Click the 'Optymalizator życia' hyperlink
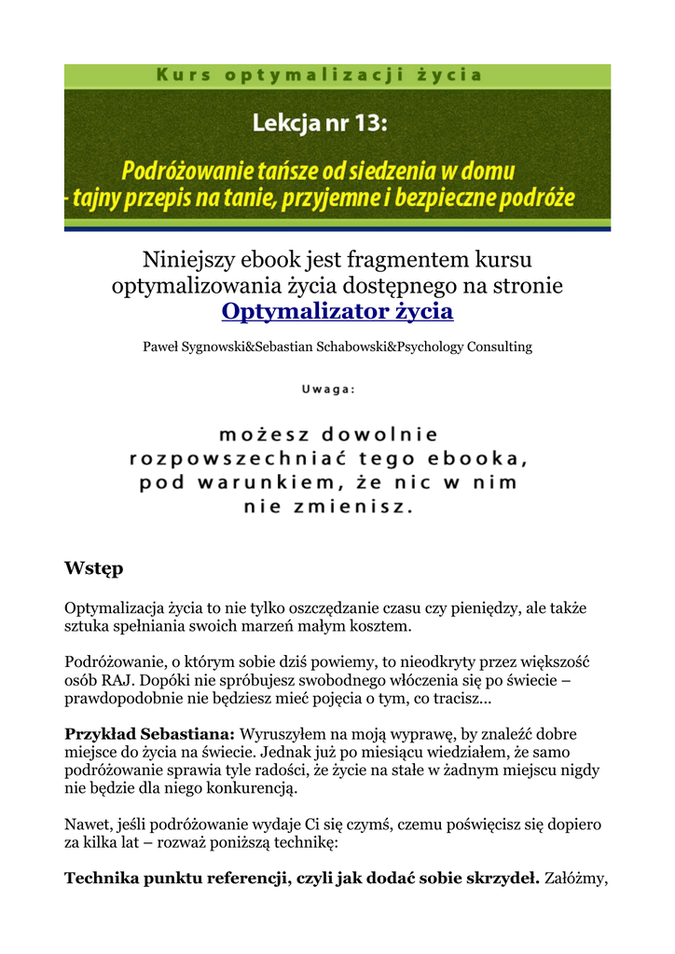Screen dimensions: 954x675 coord(337,311)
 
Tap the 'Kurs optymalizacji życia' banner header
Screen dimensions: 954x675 coord(337,75)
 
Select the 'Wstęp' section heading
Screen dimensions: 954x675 coord(93,567)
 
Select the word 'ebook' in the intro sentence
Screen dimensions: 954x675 coord(254,258)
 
